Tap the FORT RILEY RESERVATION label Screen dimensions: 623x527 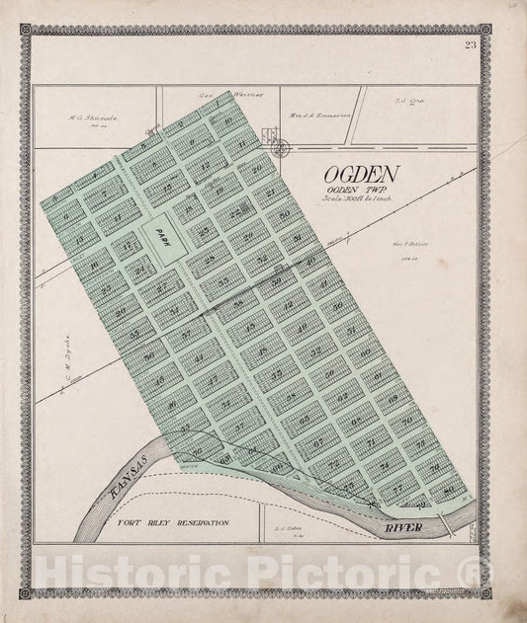[172, 522]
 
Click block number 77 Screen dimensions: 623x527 [395, 487]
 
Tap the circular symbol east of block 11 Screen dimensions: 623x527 [280, 148]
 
